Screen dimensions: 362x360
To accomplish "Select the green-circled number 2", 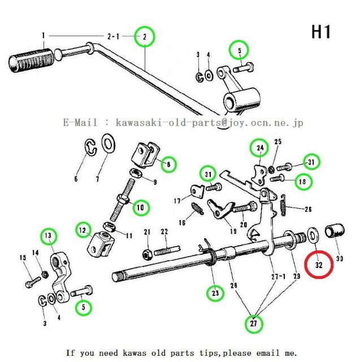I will tap(145, 37).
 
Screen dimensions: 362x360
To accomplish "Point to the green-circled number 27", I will tap(254, 324).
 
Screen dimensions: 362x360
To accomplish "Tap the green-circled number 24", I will tap(259, 148).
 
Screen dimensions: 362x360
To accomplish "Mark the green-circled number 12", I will tap(84, 230).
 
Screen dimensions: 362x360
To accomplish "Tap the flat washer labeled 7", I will tap(107, 144).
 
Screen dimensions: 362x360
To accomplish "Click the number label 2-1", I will tap(112, 36).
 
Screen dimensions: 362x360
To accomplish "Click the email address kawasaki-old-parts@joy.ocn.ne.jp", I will tap(209, 122).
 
